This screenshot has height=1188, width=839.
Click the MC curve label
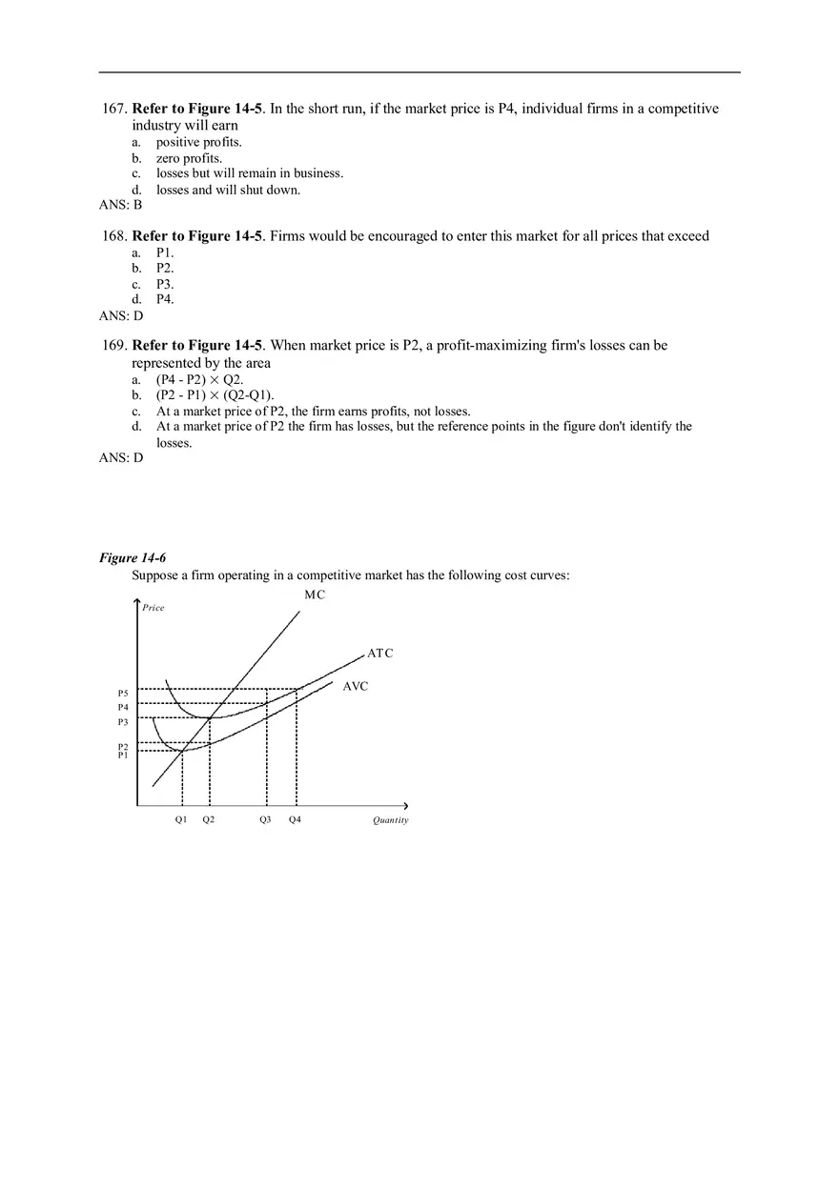315,594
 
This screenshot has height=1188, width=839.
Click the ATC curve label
379,654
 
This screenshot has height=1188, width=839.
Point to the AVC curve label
355,686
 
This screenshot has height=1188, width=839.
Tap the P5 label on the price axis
123,693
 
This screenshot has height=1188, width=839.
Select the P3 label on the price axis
123,722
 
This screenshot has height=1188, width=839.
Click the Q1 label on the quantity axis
181,819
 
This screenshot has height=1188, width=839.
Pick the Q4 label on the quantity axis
295,819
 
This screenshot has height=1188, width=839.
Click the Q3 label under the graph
265,819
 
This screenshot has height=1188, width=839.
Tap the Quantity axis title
390,820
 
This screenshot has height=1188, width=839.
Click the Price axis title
153,608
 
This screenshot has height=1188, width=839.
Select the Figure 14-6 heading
133,557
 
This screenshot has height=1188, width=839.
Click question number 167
113,109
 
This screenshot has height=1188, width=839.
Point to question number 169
113,345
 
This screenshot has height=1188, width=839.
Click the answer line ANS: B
120,205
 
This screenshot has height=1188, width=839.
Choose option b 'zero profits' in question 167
189,158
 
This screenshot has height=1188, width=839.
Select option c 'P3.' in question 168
165,284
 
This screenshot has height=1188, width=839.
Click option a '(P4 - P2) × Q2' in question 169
199,379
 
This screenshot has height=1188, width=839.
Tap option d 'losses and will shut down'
228,190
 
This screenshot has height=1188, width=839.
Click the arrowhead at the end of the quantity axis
405,806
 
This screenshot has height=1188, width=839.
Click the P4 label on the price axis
123,707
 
